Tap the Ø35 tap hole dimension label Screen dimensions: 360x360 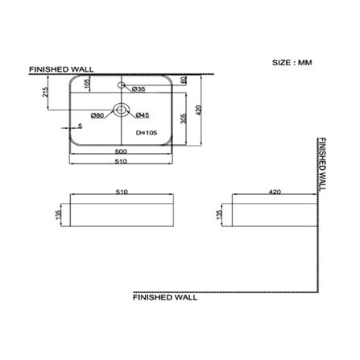coord(138,89)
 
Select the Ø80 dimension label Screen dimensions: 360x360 coord(97,114)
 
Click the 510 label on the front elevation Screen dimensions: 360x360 coord(122,193)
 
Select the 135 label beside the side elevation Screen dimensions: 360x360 coord(218,214)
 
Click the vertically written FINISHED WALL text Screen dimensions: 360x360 coord(323,165)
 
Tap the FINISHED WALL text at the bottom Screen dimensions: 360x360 coord(163,296)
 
